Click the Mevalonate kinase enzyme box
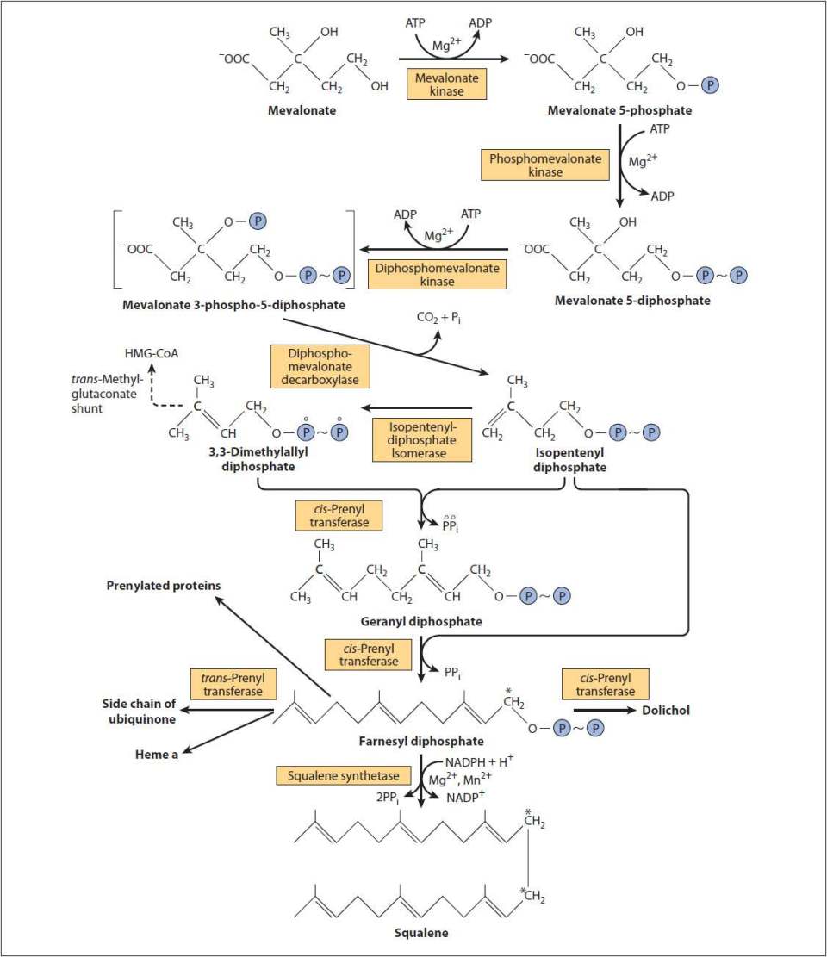447,84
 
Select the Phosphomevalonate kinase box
545,165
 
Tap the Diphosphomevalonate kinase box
437,275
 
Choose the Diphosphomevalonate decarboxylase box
320,366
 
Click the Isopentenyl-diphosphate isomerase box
422,439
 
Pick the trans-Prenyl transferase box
233,684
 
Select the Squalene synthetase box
344,775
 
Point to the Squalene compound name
421,933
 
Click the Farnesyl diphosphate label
421,741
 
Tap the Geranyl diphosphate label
421,621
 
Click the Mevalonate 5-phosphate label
619,110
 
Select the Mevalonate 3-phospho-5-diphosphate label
233,305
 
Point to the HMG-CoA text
152,353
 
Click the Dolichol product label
666,711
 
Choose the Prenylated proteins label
164,585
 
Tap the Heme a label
157,755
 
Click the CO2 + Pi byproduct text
438,318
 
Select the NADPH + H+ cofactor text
479,761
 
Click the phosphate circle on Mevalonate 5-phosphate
709,84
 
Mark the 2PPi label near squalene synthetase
388,798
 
